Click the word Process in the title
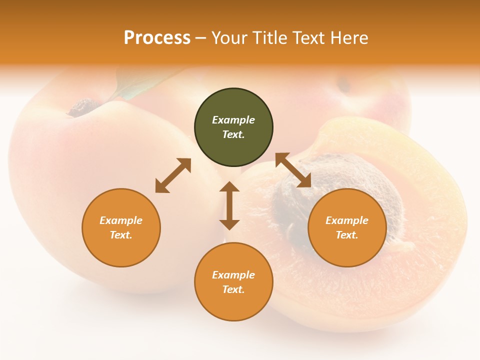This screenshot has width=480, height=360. coord(157,38)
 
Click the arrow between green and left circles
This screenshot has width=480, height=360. coord(173,175)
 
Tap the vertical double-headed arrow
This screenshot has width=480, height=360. coord(229,205)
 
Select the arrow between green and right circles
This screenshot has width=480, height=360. coord(293,170)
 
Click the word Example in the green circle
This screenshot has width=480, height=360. coord(233,120)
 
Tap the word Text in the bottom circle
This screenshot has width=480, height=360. coord(233,289)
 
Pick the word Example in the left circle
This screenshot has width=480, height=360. coord(121,220)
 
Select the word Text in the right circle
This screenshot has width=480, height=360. coord(347,235)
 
